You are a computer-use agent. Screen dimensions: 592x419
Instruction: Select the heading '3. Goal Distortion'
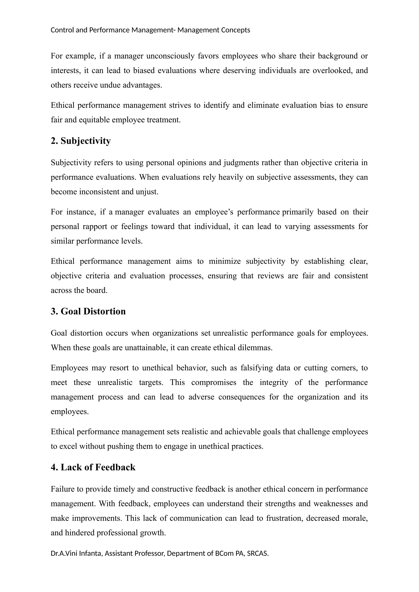pyautogui.click(x=88, y=312)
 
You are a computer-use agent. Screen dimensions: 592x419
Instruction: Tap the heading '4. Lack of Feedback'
pyautogui.click(x=93, y=467)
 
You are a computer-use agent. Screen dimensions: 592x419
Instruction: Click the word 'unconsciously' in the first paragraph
pyautogui.click(x=170, y=56)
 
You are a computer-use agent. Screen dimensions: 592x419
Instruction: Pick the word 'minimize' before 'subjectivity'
pyautogui.click(x=224, y=261)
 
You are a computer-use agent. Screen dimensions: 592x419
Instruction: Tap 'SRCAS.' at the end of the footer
pyautogui.click(x=258, y=553)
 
